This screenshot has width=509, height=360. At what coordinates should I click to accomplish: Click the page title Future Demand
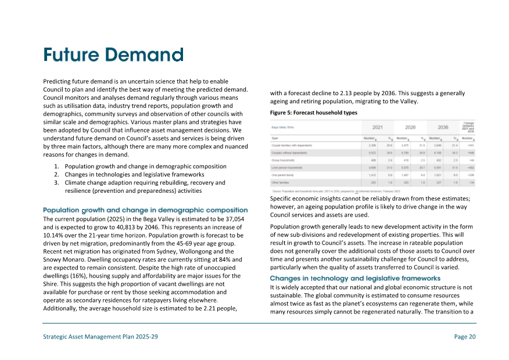tap(113, 55)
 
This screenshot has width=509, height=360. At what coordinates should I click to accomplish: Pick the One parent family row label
tap(283, 174)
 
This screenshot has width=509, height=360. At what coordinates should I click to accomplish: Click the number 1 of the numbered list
tap(56, 167)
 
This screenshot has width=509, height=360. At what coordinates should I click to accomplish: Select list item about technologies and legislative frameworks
tap(134, 174)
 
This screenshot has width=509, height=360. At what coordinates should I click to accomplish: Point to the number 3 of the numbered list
tap(56, 182)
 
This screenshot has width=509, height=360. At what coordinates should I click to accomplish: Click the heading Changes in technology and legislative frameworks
tap(356, 279)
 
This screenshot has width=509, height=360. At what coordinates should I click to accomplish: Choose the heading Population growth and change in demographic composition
tap(145, 210)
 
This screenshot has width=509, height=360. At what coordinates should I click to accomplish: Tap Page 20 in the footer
tap(465, 337)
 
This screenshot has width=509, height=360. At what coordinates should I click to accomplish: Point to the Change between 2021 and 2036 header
tap(469, 127)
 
